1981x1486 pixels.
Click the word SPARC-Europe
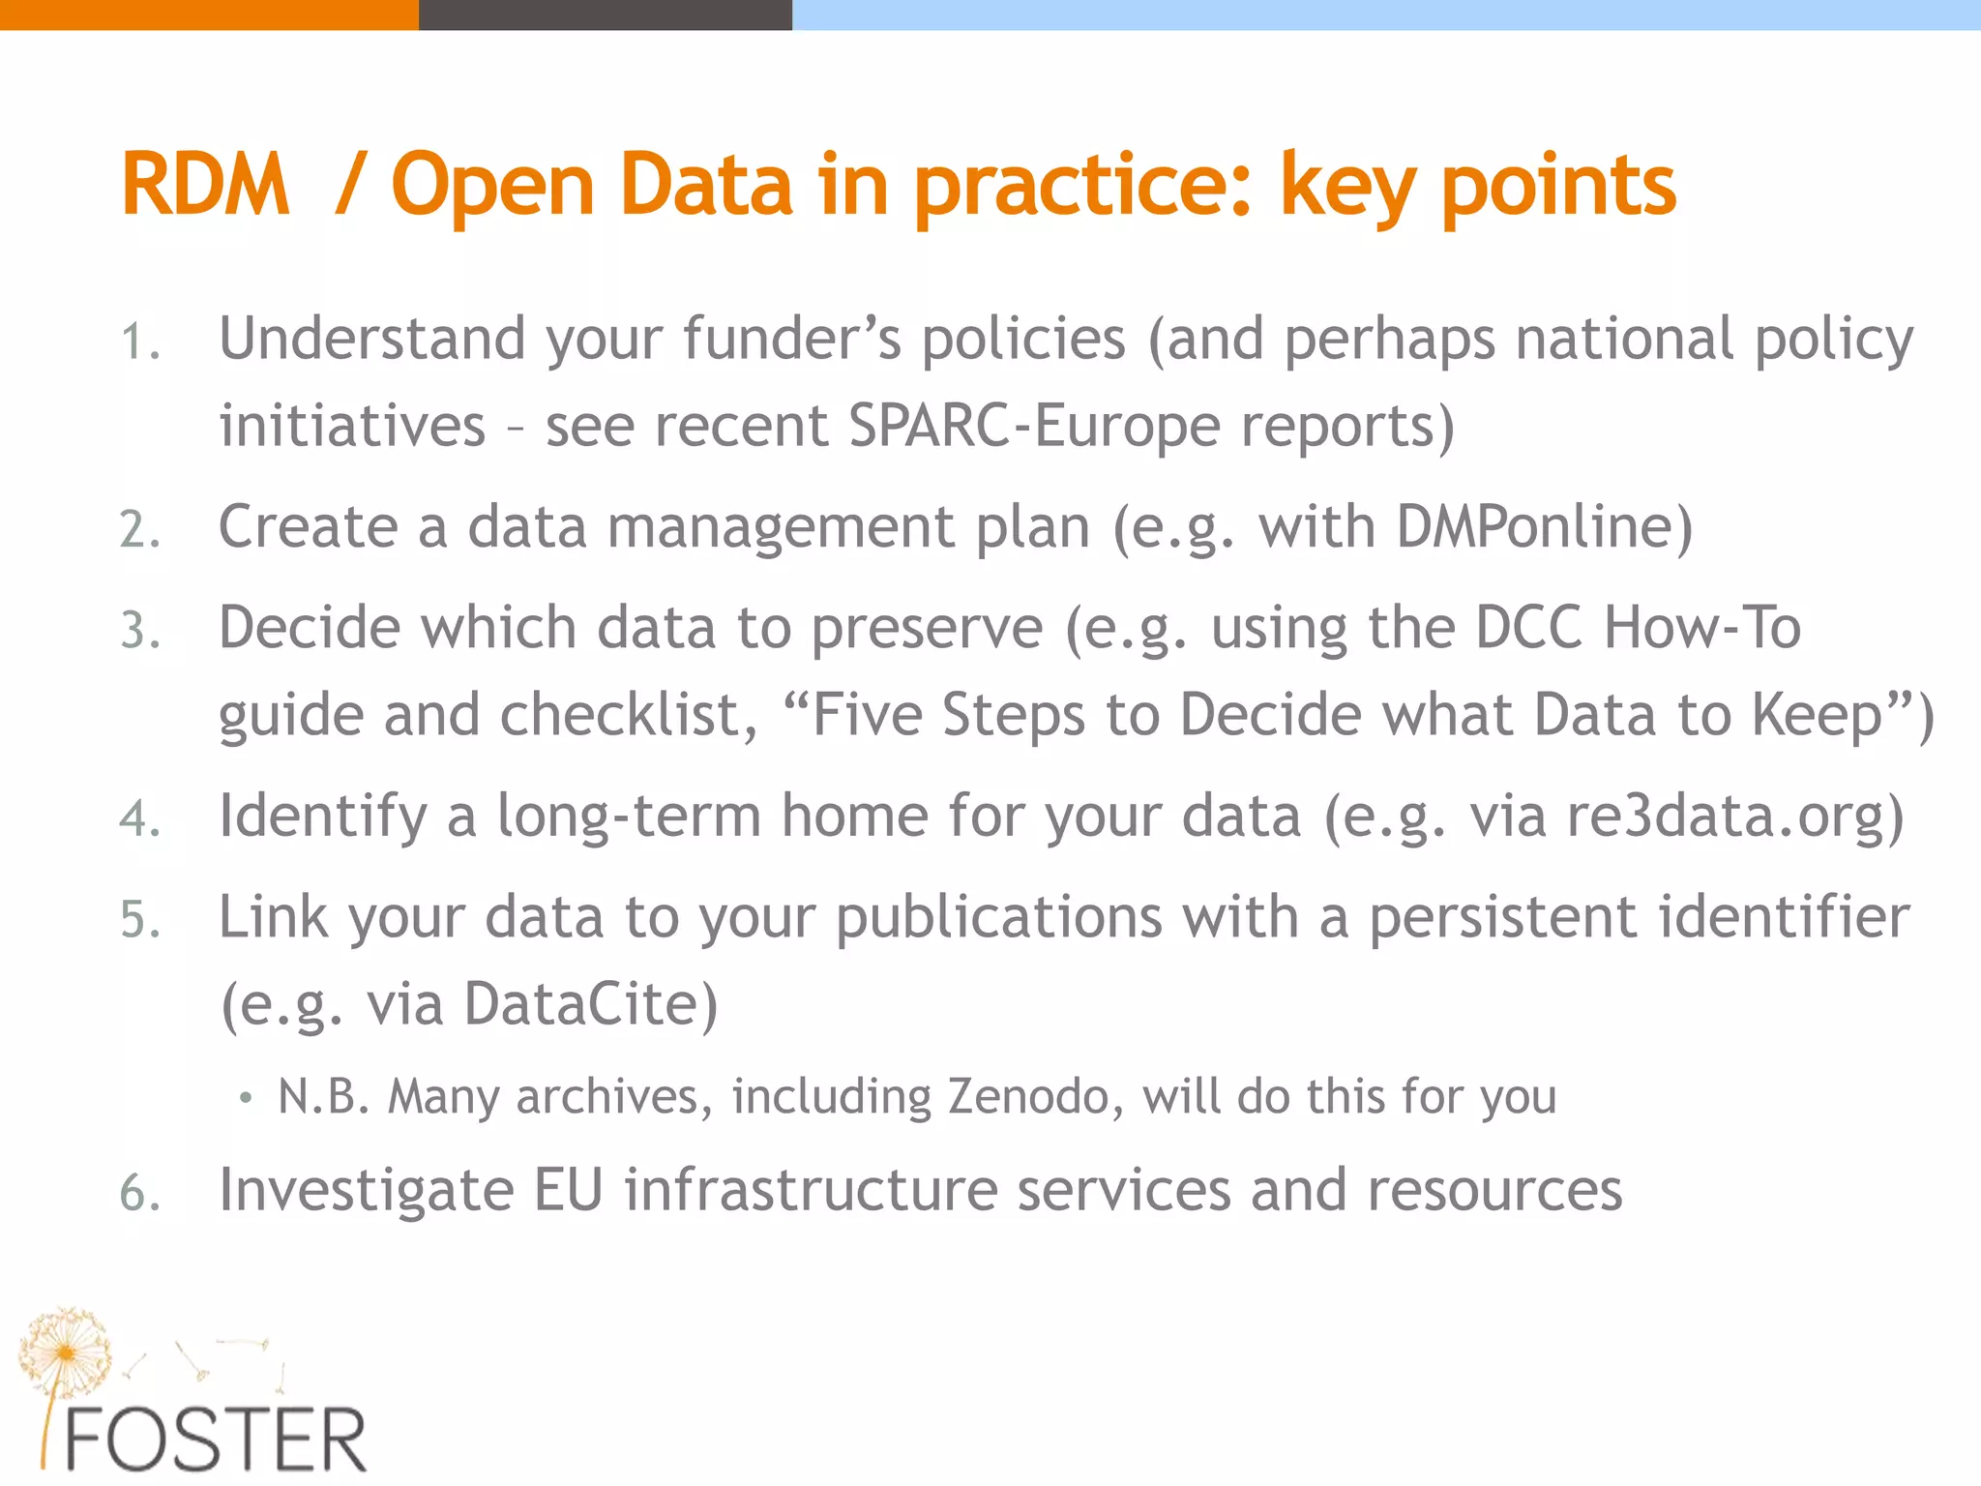(1032, 427)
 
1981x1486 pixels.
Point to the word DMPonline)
(1544, 528)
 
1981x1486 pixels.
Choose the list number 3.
(139, 632)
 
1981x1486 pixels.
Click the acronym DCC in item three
(1528, 628)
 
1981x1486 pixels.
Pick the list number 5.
(139, 920)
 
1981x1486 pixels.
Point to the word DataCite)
(591, 1004)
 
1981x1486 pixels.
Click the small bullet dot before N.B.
(246, 1098)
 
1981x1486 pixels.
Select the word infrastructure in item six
(811, 1190)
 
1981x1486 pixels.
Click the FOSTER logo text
(216, 1441)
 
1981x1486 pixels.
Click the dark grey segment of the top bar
(605, 15)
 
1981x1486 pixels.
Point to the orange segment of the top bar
(209, 15)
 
